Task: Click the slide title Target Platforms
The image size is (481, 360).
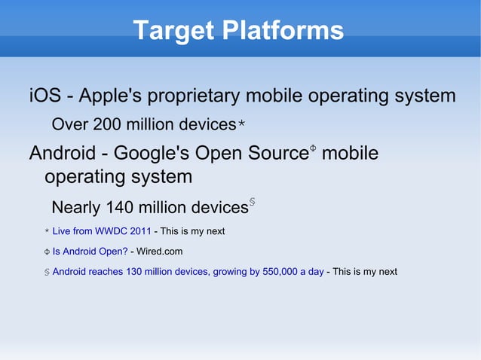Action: tap(238, 31)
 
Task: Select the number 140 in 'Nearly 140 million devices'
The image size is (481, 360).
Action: tap(121, 207)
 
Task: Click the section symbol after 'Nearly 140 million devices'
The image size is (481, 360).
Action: tap(252, 203)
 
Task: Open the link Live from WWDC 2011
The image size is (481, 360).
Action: tap(102, 231)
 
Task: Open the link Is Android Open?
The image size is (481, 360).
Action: tap(90, 252)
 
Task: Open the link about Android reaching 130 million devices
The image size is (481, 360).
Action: tap(188, 272)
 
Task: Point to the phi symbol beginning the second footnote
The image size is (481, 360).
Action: tap(46, 252)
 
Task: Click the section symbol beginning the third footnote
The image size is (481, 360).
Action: tap(46, 272)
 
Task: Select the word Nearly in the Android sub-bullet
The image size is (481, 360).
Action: tap(76, 207)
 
